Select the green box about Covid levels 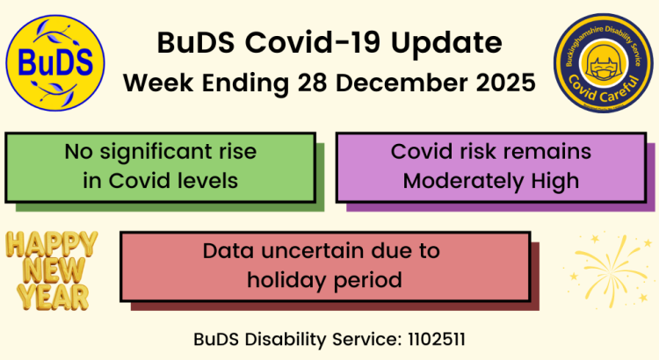[160, 167]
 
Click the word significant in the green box [153, 152]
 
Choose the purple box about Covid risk [490, 167]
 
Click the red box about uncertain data [324, 266]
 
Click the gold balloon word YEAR [52, 296]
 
